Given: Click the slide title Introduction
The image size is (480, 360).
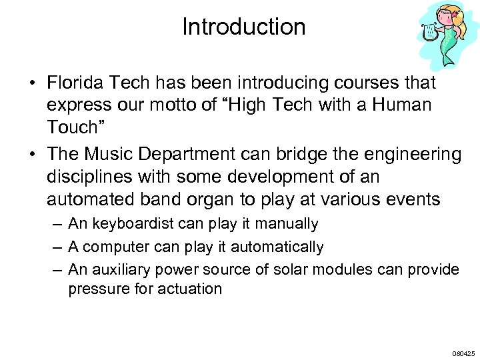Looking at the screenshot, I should pyautogui.click(x=243, y=27).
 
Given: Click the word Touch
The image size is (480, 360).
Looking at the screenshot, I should pyautogui.click(x=79, y=127).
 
